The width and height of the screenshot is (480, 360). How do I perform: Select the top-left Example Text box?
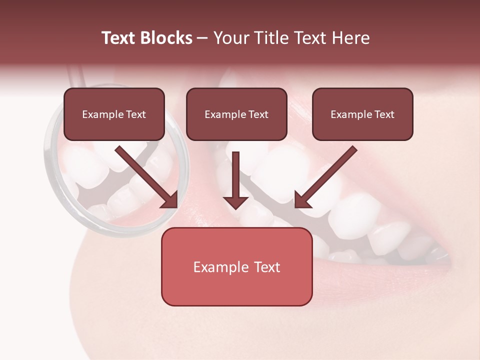click(x=114, y=114)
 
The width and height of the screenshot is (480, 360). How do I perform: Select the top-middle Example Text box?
click(x=236, y=114)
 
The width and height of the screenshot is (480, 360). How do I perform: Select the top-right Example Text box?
click(x=362, y=114)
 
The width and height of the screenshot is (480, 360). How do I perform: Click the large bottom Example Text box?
click(x=236, y=267)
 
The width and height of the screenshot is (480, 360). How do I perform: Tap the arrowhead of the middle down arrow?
click(x=235, y=202)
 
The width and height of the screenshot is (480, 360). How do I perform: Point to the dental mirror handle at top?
click(x=75, y=75)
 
